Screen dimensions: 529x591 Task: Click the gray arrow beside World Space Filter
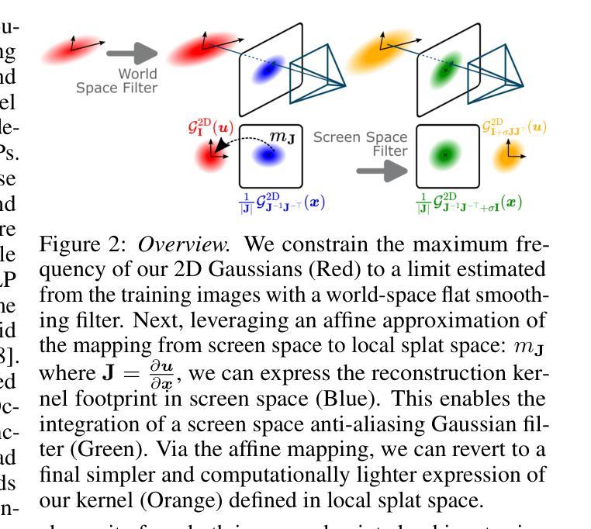click(131, 54)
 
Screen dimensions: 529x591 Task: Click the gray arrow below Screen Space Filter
click(381, 171)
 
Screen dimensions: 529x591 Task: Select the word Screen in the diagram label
click(337, 137)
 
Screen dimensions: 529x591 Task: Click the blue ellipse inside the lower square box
click(269, 155)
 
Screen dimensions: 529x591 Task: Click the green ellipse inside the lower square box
click(444, 154)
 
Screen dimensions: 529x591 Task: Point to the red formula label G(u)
click(209, 128)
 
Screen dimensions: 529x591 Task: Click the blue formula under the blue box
click(281, 203)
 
